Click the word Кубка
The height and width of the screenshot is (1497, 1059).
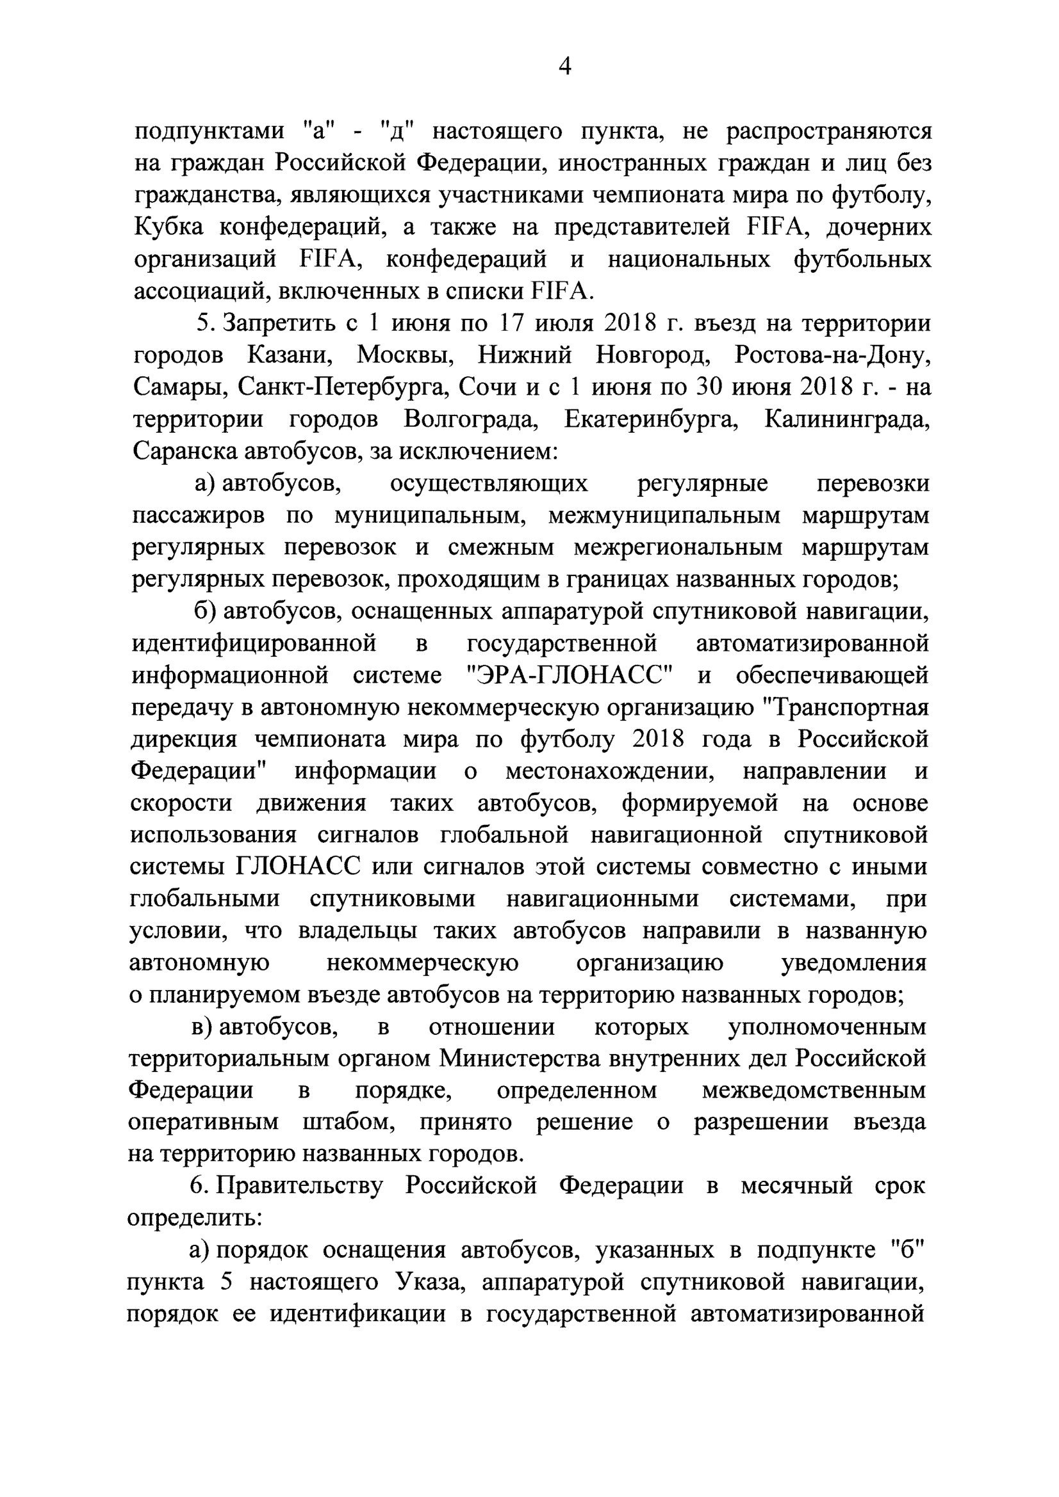click(168, 227)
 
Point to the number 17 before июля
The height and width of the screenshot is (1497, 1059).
click(515, 323)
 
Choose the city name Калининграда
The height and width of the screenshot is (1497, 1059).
click(847, 419)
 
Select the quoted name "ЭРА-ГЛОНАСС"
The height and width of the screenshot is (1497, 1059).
click(570, 676)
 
